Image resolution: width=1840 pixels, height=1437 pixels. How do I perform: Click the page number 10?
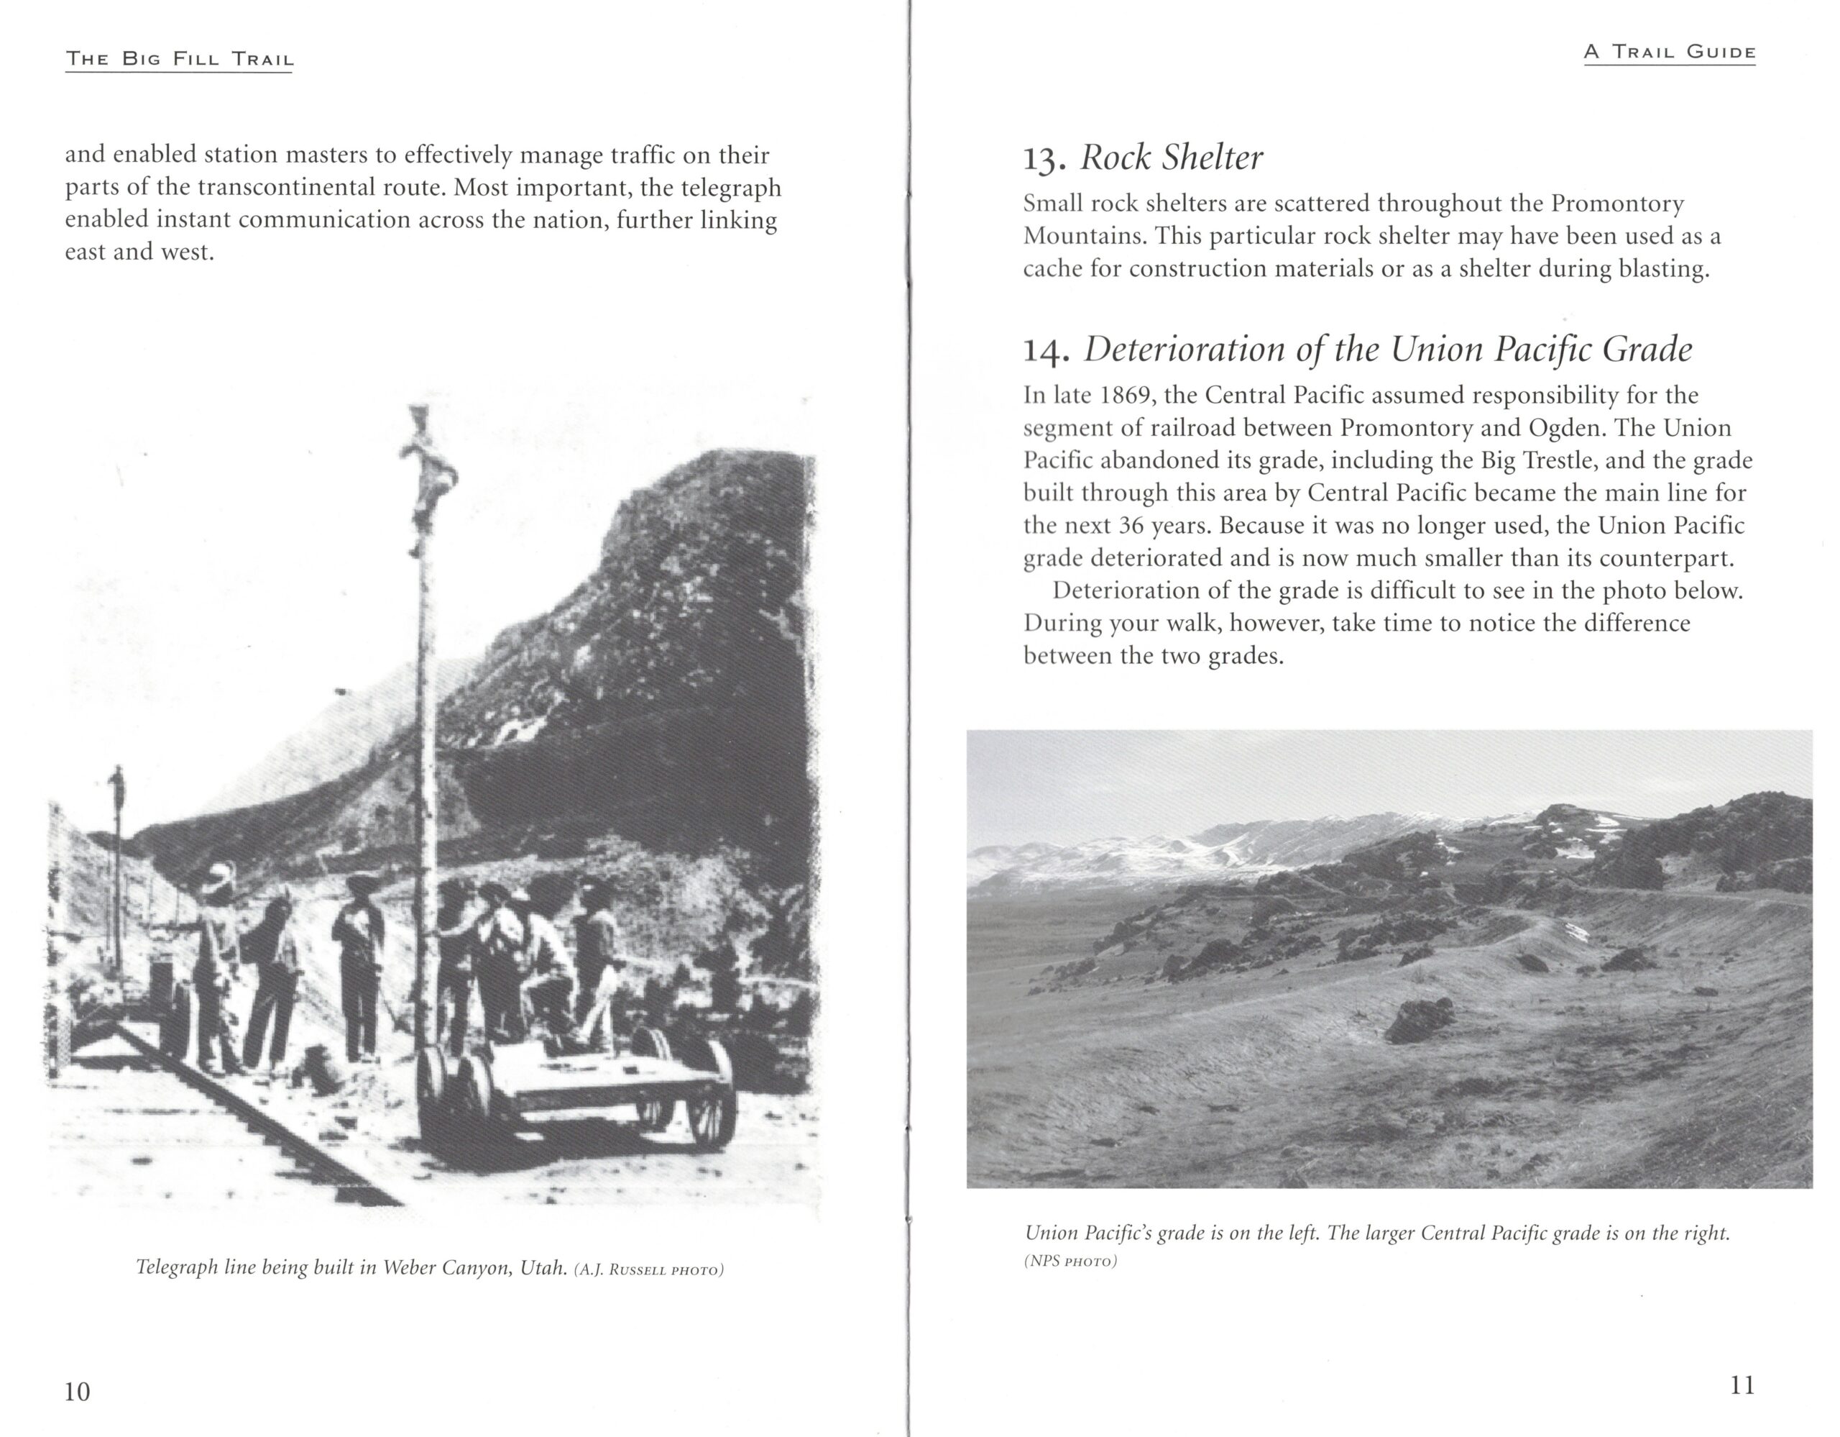pos(77,1392)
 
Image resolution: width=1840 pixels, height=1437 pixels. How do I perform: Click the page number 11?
pos(1742,1386)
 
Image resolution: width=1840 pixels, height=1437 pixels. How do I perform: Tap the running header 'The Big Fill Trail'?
pos(180,59)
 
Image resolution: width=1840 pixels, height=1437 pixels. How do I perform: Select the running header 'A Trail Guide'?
pos(1670,53)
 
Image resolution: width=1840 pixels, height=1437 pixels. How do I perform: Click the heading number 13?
pos(1044,158)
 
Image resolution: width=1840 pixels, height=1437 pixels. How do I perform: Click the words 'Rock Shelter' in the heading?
pos(1172,158)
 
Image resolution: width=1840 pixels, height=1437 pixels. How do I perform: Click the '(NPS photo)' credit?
pos(1070,1262)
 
